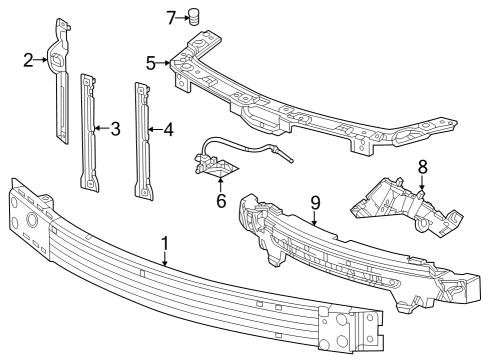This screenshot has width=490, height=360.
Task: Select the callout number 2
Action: coord(29,60)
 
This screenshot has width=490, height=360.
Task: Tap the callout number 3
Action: coord(115,128)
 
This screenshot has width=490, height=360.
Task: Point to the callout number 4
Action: coord(168,128)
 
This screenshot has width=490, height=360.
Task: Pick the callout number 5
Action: coord(151,63)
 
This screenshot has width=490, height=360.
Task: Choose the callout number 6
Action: coord(221,200)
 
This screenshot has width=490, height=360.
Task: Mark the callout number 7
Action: coord(171,16)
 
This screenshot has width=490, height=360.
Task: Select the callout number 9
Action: coord(315,203)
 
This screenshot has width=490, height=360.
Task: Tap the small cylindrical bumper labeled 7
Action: coord(195,16)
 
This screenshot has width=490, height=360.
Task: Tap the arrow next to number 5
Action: coord(166,63)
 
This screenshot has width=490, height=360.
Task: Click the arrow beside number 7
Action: coord(183,16)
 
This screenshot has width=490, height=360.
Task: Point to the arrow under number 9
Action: coord(315,218)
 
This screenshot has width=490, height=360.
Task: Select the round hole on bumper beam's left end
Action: coord(32,219)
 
